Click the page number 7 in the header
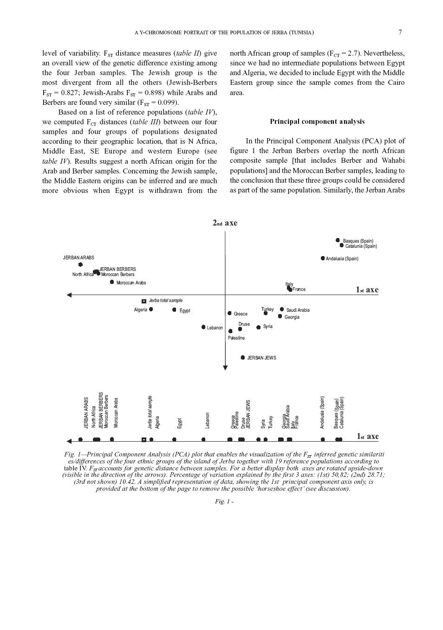coord(400,32)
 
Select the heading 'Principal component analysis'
coord(317,122)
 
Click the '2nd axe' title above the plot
coord(225,223)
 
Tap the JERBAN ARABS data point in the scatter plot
coord(80,264)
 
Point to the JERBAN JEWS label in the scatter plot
coord(261,358)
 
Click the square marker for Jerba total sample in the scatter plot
coord(144,301)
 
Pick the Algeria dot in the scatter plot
coord(151,309)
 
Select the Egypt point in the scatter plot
coord(174,309)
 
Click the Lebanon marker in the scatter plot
coord(203,327)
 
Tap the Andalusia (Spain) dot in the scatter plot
coord(323,258)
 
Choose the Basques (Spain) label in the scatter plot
coord(358,241)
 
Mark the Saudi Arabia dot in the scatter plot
coord(282,309)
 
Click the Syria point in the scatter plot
coord(259,327)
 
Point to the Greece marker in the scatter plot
coord(229,313)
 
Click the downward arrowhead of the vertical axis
coord(225,368)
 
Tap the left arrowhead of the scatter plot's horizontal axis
coord(69,295)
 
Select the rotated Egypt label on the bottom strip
coord(180,423)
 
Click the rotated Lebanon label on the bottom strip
coord(208,420)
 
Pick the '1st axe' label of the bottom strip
coord(367,436)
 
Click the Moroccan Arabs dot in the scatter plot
coord(112,282)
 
